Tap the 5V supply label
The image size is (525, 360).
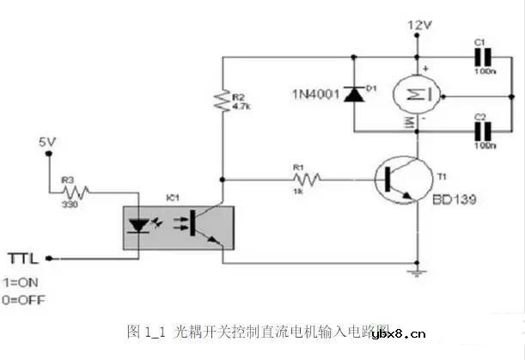tap(50, 141)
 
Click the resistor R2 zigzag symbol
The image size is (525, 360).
tap(223, 101)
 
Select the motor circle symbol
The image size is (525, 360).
tap(417, 94)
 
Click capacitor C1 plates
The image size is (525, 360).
tap(483, 58)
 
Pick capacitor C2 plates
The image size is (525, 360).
tap(483, 130)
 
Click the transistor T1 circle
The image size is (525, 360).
tap(401, 180)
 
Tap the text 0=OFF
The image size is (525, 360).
tap(24, 300)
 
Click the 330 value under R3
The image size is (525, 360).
tap(72, 204)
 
